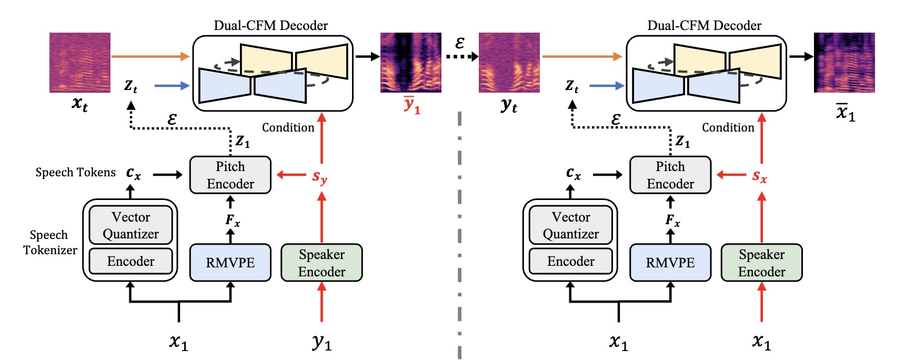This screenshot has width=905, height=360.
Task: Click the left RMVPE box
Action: [230, 262]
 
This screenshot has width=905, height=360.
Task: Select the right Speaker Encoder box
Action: [761, 262]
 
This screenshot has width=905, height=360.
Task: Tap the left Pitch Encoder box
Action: [230, 175]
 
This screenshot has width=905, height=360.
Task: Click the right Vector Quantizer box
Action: [570, 225]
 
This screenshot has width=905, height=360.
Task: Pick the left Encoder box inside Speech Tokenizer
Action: [130, 261]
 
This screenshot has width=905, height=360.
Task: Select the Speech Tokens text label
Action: [75, 173]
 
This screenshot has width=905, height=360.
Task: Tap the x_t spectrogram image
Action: [80, 63]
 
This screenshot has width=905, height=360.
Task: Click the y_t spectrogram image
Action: [509, 63]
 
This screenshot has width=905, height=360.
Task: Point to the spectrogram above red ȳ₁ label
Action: [410, 63]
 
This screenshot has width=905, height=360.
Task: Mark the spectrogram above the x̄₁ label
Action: [844, 63]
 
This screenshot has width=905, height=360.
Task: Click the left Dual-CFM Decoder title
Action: [270, 25]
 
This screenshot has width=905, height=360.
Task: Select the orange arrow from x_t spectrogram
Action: [150, 56]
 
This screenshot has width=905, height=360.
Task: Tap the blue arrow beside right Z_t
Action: [606, 85]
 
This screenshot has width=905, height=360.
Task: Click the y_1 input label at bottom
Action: [321, 342]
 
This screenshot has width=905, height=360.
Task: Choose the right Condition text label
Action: [728, 127]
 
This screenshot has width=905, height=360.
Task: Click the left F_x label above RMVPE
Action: [232, 220]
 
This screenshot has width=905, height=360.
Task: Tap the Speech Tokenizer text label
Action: [50, 242]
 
